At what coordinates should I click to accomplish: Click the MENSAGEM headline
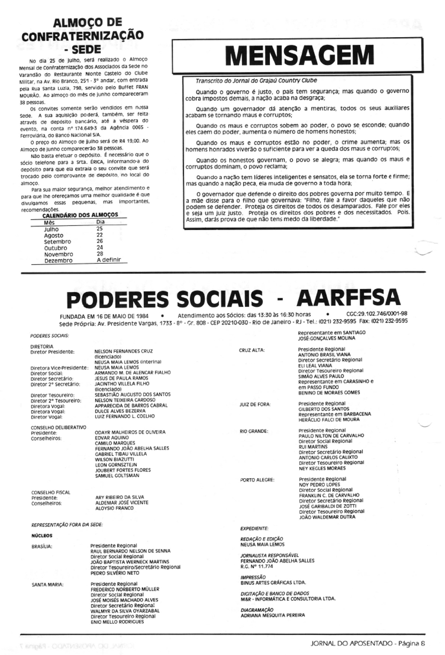299,55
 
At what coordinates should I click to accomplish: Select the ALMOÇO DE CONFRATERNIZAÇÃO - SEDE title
83,35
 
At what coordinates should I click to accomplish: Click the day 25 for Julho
99,229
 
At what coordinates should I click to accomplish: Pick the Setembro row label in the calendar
57,242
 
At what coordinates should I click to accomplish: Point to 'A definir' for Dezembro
109,260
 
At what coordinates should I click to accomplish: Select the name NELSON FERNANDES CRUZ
124,351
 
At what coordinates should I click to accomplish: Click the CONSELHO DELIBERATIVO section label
58,426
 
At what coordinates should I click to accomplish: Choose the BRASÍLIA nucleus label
42,546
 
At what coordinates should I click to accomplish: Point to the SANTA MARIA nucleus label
47,585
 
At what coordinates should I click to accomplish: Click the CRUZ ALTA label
252,350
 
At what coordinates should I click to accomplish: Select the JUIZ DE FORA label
255,404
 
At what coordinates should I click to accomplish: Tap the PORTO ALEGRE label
257,480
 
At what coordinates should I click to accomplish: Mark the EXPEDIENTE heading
254,528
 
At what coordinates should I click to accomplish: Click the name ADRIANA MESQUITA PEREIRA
272,615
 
